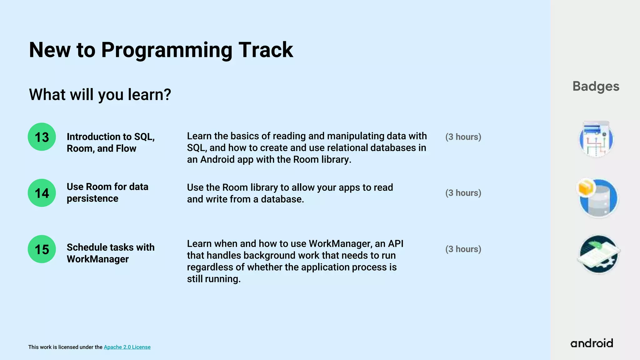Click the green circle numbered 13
(42, 137)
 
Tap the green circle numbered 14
(42, 193)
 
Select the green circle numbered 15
(42, 249)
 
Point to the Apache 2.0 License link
(127, 347)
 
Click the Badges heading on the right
(596, 86)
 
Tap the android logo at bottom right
(592, 343)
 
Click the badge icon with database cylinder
(598, 198)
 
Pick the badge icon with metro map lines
(596, 139)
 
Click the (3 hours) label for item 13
(463, 137)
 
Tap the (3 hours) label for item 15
(463, 249)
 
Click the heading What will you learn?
(100, 94)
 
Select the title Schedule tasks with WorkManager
(110, 253)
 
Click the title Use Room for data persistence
(107, 192)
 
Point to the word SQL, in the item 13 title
(144, 137)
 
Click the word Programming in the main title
(166, 50)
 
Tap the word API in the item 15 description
(395, 243)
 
